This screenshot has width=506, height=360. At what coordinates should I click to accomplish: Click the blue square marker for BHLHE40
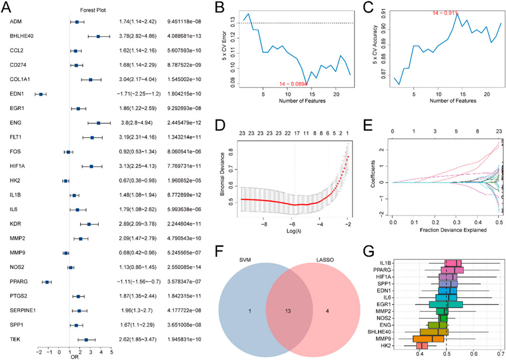[x=98, y=37]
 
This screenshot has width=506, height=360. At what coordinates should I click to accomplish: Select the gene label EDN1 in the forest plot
[x=16, y=94]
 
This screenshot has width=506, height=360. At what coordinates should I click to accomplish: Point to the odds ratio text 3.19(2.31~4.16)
[x=137, y=137]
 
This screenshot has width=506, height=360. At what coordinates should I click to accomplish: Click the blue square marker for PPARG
[x=47, y=282]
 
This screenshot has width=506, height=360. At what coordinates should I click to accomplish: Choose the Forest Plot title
[x=93, y=10]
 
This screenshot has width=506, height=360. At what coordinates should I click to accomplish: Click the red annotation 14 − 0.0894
[x=294, y=84]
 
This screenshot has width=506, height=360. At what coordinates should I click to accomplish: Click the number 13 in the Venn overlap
[x=288, y=311]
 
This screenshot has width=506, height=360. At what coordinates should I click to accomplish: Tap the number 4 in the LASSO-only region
[x=327, y=311]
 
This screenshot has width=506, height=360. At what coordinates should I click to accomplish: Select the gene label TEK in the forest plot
[x=15, y=340]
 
